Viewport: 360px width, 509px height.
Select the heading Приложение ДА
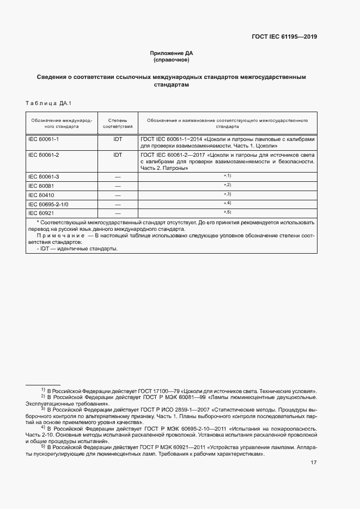click(x=172, y=53)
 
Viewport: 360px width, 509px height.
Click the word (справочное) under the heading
click(x=172, y=60)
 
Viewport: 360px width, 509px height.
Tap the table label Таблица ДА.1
click(x=48, y=103)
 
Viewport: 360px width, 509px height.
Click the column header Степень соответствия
click(x=118, y=122)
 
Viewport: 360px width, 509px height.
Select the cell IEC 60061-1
click(x=44, y=139)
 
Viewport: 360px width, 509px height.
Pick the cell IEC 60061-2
click(x=44, y=155)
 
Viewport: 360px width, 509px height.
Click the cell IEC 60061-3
click(x=44, y=177)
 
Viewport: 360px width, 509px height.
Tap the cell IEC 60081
click(x=41, y=186)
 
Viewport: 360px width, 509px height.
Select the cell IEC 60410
click(x=41, y=195)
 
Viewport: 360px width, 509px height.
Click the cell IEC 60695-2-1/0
click(x=48, y=204)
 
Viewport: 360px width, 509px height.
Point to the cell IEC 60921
click(x=41, y=213)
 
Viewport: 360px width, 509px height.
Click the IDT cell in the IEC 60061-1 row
click(x=118, y=139)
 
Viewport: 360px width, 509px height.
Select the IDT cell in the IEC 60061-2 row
click(x=118, y=155)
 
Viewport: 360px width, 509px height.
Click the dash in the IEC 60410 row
click(x=118, y=195)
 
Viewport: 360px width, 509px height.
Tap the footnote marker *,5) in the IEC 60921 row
click(x=227, y=212)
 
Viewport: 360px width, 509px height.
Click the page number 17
click(x=314, y=463)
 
